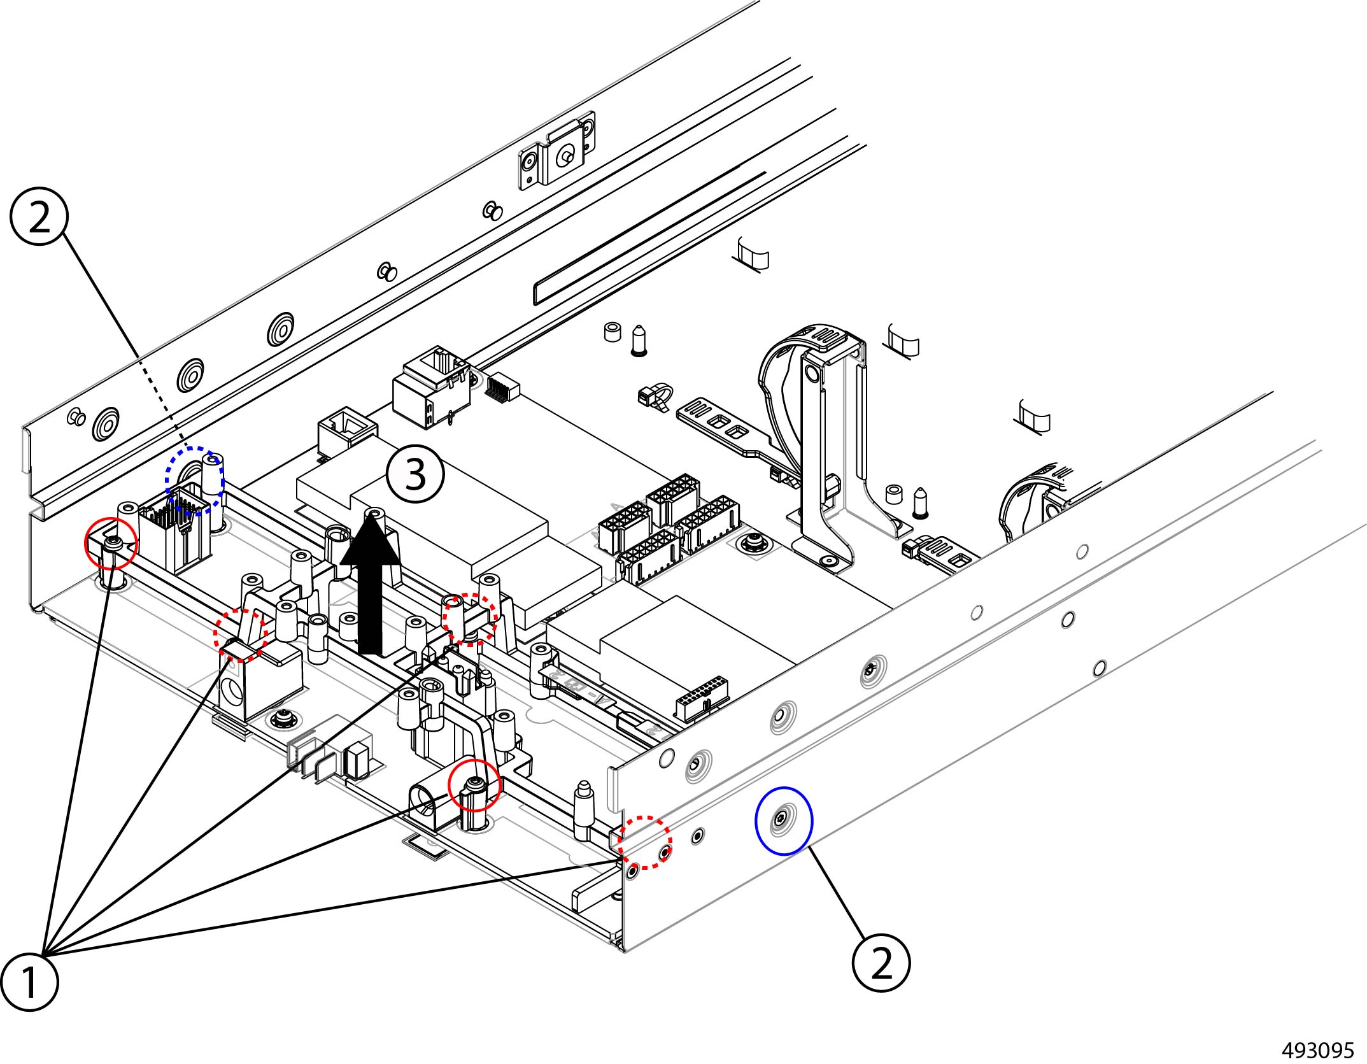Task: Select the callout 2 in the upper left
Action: point(39,218)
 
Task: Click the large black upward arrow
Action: point(371,579)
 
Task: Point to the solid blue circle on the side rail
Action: point(783,820)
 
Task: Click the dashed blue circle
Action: point(195,480)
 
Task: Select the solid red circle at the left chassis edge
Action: point(111,543)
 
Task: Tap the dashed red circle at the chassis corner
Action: point(646,842)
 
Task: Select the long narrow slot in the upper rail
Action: point(649,236)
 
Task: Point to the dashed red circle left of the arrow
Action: point(241,634)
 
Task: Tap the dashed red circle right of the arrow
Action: point(469,619)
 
